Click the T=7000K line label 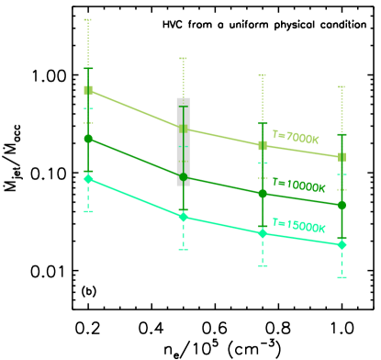coord(296,138)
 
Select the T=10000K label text coord(299,186)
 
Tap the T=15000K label coord(299,225)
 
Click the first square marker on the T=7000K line coord(88,90)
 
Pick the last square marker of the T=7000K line coord(342,157)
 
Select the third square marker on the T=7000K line coord(263,145)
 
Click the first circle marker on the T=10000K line coord(88,139)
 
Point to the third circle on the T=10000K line coord(263,194)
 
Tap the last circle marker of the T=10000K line coord(342,205)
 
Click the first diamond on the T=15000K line coord(88,179)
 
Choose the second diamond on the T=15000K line coord(183,217)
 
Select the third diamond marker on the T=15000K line coord(263,233)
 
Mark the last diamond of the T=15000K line coord(342,244)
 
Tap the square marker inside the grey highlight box coord(183,129)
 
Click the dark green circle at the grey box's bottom coord(183,176)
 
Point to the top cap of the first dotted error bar coord(88,19)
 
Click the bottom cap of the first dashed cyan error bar coord(88,212)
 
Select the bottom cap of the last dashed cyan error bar coord(342,276)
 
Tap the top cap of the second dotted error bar coord(183,58)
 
